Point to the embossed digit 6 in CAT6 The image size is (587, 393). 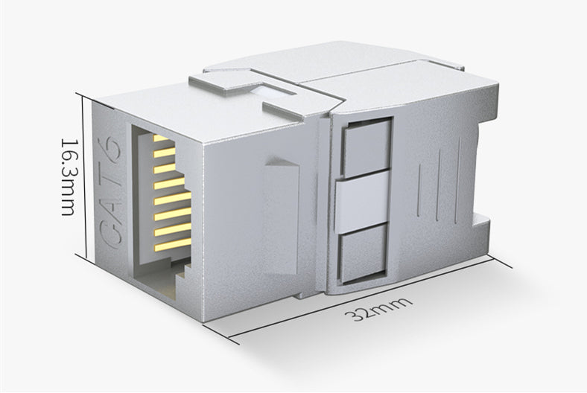click(x=112, y=141)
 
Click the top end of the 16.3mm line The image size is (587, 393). click(x=84, y=95)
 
